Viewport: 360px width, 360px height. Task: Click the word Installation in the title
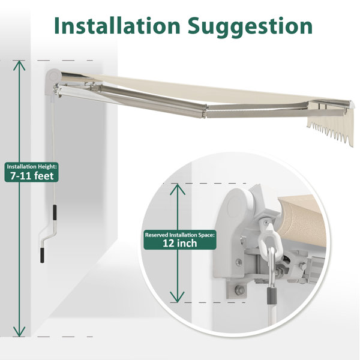(117, 25)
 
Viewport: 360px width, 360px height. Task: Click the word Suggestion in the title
(250, 27)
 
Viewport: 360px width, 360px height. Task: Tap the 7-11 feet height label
(32, 176)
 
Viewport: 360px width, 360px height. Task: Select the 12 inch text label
(180, 244)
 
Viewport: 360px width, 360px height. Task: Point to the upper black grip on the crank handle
(55, 212)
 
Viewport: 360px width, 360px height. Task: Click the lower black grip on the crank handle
(42, 256)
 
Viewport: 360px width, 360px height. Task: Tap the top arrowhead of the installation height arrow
(19, 65)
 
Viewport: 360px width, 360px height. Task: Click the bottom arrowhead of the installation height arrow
(19, 332)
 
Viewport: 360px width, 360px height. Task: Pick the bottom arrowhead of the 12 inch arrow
(177, 297)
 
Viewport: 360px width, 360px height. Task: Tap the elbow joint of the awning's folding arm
(205, 111)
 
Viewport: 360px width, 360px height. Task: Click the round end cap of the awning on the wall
(53, 76)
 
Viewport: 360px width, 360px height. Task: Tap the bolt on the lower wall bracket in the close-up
(239, 290)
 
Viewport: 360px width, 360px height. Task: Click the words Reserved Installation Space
(180, 235)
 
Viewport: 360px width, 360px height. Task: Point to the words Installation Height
(32, 166)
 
